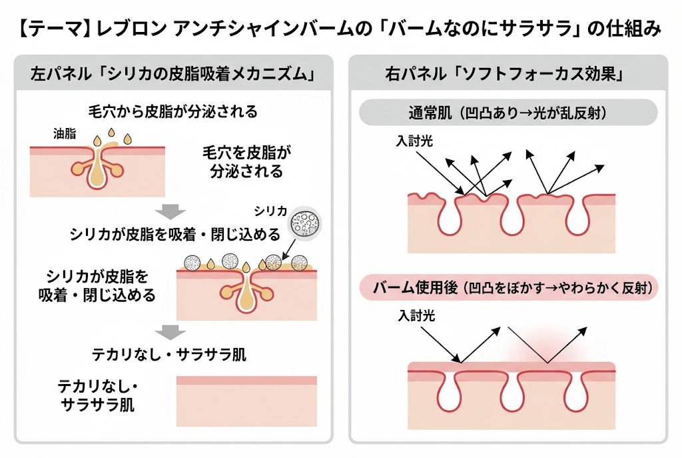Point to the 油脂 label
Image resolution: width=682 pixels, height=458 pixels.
[x=64, y=133]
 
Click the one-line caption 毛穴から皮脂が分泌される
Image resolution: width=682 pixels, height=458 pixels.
[x=172, y=110]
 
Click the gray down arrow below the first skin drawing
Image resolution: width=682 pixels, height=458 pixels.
[x=172, y=212]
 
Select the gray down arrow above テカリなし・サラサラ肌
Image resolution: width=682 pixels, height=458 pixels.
[x=172, y=331]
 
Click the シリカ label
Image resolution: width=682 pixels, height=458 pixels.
[x=270, y=211]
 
